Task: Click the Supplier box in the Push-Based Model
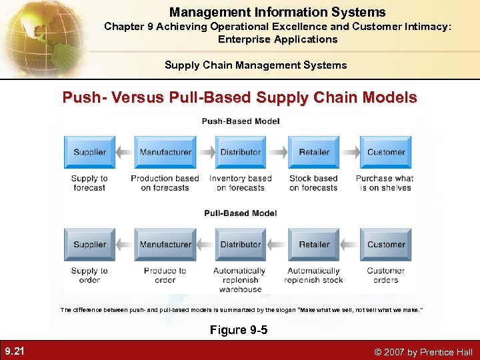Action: coord(89,152)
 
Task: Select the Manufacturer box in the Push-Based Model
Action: coord(165,152)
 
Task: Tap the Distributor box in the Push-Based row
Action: coord(240,152)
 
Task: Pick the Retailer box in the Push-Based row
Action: coord(314,152)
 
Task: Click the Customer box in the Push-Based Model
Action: coord(386,152)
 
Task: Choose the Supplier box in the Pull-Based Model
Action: coord(89,245)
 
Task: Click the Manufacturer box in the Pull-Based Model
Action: coord(165,245)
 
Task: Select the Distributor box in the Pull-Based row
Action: coord(240,245)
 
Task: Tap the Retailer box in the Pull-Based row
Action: coord(314,245)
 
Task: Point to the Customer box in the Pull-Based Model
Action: coord(386,245)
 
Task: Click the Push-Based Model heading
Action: coord(241,121)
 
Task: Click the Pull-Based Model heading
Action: coord(240,213)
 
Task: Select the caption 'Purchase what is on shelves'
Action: coord(385,183)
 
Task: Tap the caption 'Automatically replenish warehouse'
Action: coord(240,280)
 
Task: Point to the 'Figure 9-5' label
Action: coord(239,330)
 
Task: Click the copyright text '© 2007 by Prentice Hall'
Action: coord(424,352)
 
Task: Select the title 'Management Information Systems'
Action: coord(277,12)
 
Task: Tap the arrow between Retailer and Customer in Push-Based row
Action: coord(350,152)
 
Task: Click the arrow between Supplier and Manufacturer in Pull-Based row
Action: coord(125,245)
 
